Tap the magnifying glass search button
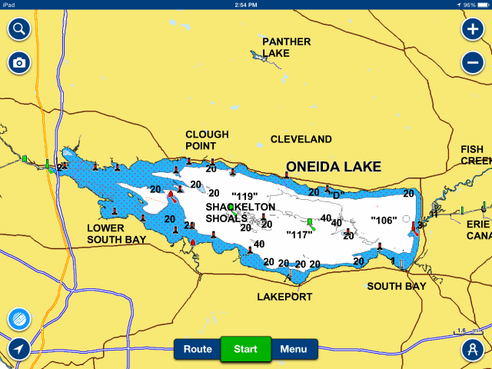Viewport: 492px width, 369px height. (19, 30)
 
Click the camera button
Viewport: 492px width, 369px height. (19, 62)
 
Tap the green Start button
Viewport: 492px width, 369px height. (245, 349)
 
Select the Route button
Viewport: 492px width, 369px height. (198, 349)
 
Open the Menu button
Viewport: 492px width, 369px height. (293, 349)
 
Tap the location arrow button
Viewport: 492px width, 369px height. (19, 349)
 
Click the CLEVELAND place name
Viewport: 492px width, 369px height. (301, 139)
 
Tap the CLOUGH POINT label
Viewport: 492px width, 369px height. (208, 139)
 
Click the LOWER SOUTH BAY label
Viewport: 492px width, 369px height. (116, 234)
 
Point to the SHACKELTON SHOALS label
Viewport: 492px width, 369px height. (241, 212)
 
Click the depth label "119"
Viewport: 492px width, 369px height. (244, 196)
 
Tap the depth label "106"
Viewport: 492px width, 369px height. (384, 220)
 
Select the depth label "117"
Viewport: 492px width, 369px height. (299, 234)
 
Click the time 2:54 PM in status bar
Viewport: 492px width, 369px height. (246, 5)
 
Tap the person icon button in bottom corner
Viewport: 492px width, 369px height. (472, 349)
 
